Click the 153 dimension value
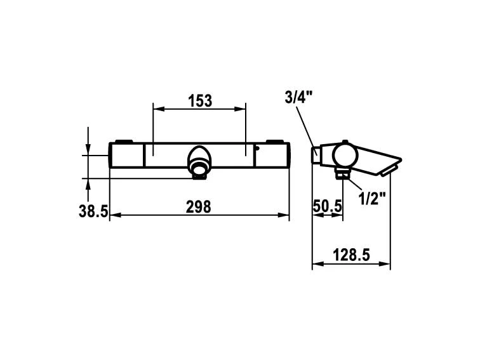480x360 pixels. pos(199,100)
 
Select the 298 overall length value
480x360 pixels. pos(199,206)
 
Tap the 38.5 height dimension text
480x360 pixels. pos(93,211)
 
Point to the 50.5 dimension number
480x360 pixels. pos(328,206)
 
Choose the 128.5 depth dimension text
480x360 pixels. pos(351,255)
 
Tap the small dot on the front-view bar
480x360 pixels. pos(258,149)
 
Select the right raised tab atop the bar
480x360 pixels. pos(275,141)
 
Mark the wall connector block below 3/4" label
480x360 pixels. pos(316,154)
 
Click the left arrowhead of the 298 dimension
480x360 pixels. pos(114,216)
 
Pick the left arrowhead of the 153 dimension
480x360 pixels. pos(156,109)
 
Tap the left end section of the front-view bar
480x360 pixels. pos(127,155)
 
